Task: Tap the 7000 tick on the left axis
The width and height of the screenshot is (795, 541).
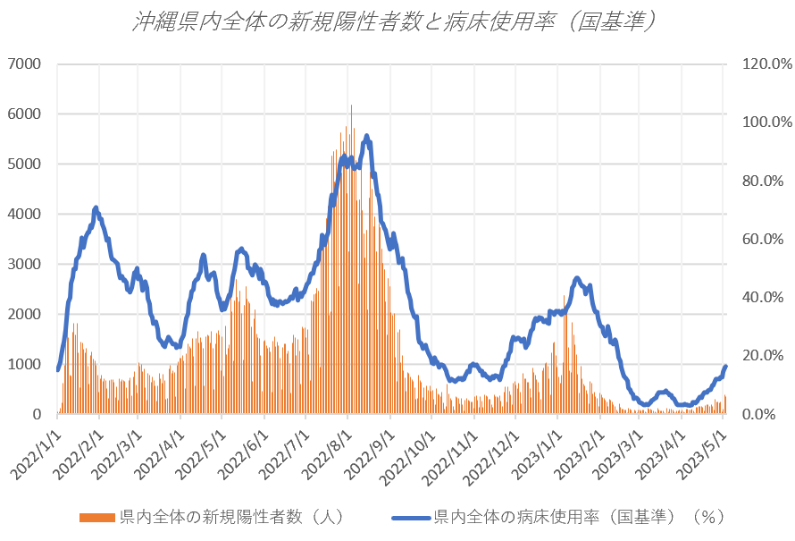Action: click(25, 64)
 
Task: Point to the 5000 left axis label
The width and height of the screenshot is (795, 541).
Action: click(25, 165)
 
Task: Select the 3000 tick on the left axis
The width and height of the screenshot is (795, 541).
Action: click(25, 265)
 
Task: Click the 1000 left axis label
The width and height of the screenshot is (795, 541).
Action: click(25, 365)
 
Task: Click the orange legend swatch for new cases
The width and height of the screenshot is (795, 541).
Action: click(98, 517)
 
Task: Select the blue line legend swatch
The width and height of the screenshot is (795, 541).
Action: click(411, 517)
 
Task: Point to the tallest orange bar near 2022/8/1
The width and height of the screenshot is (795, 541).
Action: click(351, 106)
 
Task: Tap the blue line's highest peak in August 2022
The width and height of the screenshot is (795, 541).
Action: click(366, 136)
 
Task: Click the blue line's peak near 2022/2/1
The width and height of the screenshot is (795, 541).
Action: click(96, 207)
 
